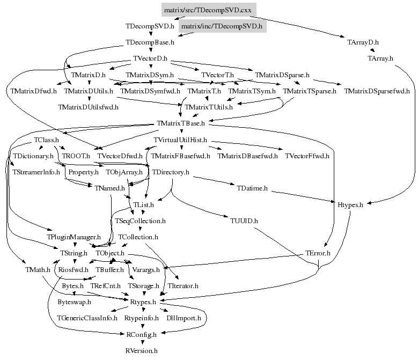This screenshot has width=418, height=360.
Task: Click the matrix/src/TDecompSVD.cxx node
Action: pyautogui.click(x=209, y=10)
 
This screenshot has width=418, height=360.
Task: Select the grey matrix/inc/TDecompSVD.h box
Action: pyautogui.click(x=222, y=26)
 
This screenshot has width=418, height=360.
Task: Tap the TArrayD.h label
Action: pyautogui.click(x=363, y=42)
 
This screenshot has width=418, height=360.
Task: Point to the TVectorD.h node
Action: pyautogui.click(x=150, y=58)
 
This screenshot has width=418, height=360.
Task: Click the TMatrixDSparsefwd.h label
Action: pyautogui.click(x=377, y=91)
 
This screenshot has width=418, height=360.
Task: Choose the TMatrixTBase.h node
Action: pyautogui.click(x=181, y=123)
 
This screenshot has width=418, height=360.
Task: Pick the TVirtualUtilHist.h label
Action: pyautogui.click(x=180, y=140)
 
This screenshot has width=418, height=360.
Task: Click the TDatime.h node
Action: pyautogui.click(x=252, y=188)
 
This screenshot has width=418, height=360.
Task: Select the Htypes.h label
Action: pyautogui.click(x=350, y=205)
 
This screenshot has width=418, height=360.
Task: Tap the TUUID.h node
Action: pyautogui.click(x=244, y=221)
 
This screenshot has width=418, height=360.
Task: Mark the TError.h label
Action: pyautogui.click(x=318, y=253)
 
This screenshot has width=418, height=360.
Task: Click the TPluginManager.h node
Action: pyautogui.click(x=74, y=237)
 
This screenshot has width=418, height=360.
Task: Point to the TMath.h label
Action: pyautogui.click(x=38, y=270)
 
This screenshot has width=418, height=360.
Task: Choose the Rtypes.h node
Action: pyautogui.click(x=143, y=302)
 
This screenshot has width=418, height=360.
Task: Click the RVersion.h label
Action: pyautogui.click(x=141, y=351)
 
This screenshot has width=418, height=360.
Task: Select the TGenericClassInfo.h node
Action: pyautogui.click(x=87, y=318)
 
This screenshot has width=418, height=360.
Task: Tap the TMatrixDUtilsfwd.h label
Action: pyautogui.click(x=88, y=107)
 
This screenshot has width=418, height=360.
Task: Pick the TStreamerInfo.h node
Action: pyautogui.click(x=36, y=172)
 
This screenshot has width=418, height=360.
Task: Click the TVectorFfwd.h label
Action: pyautogui.click(x=307, y=156)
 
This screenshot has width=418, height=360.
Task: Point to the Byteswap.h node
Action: pyautogui.click(x=75, y=302)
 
